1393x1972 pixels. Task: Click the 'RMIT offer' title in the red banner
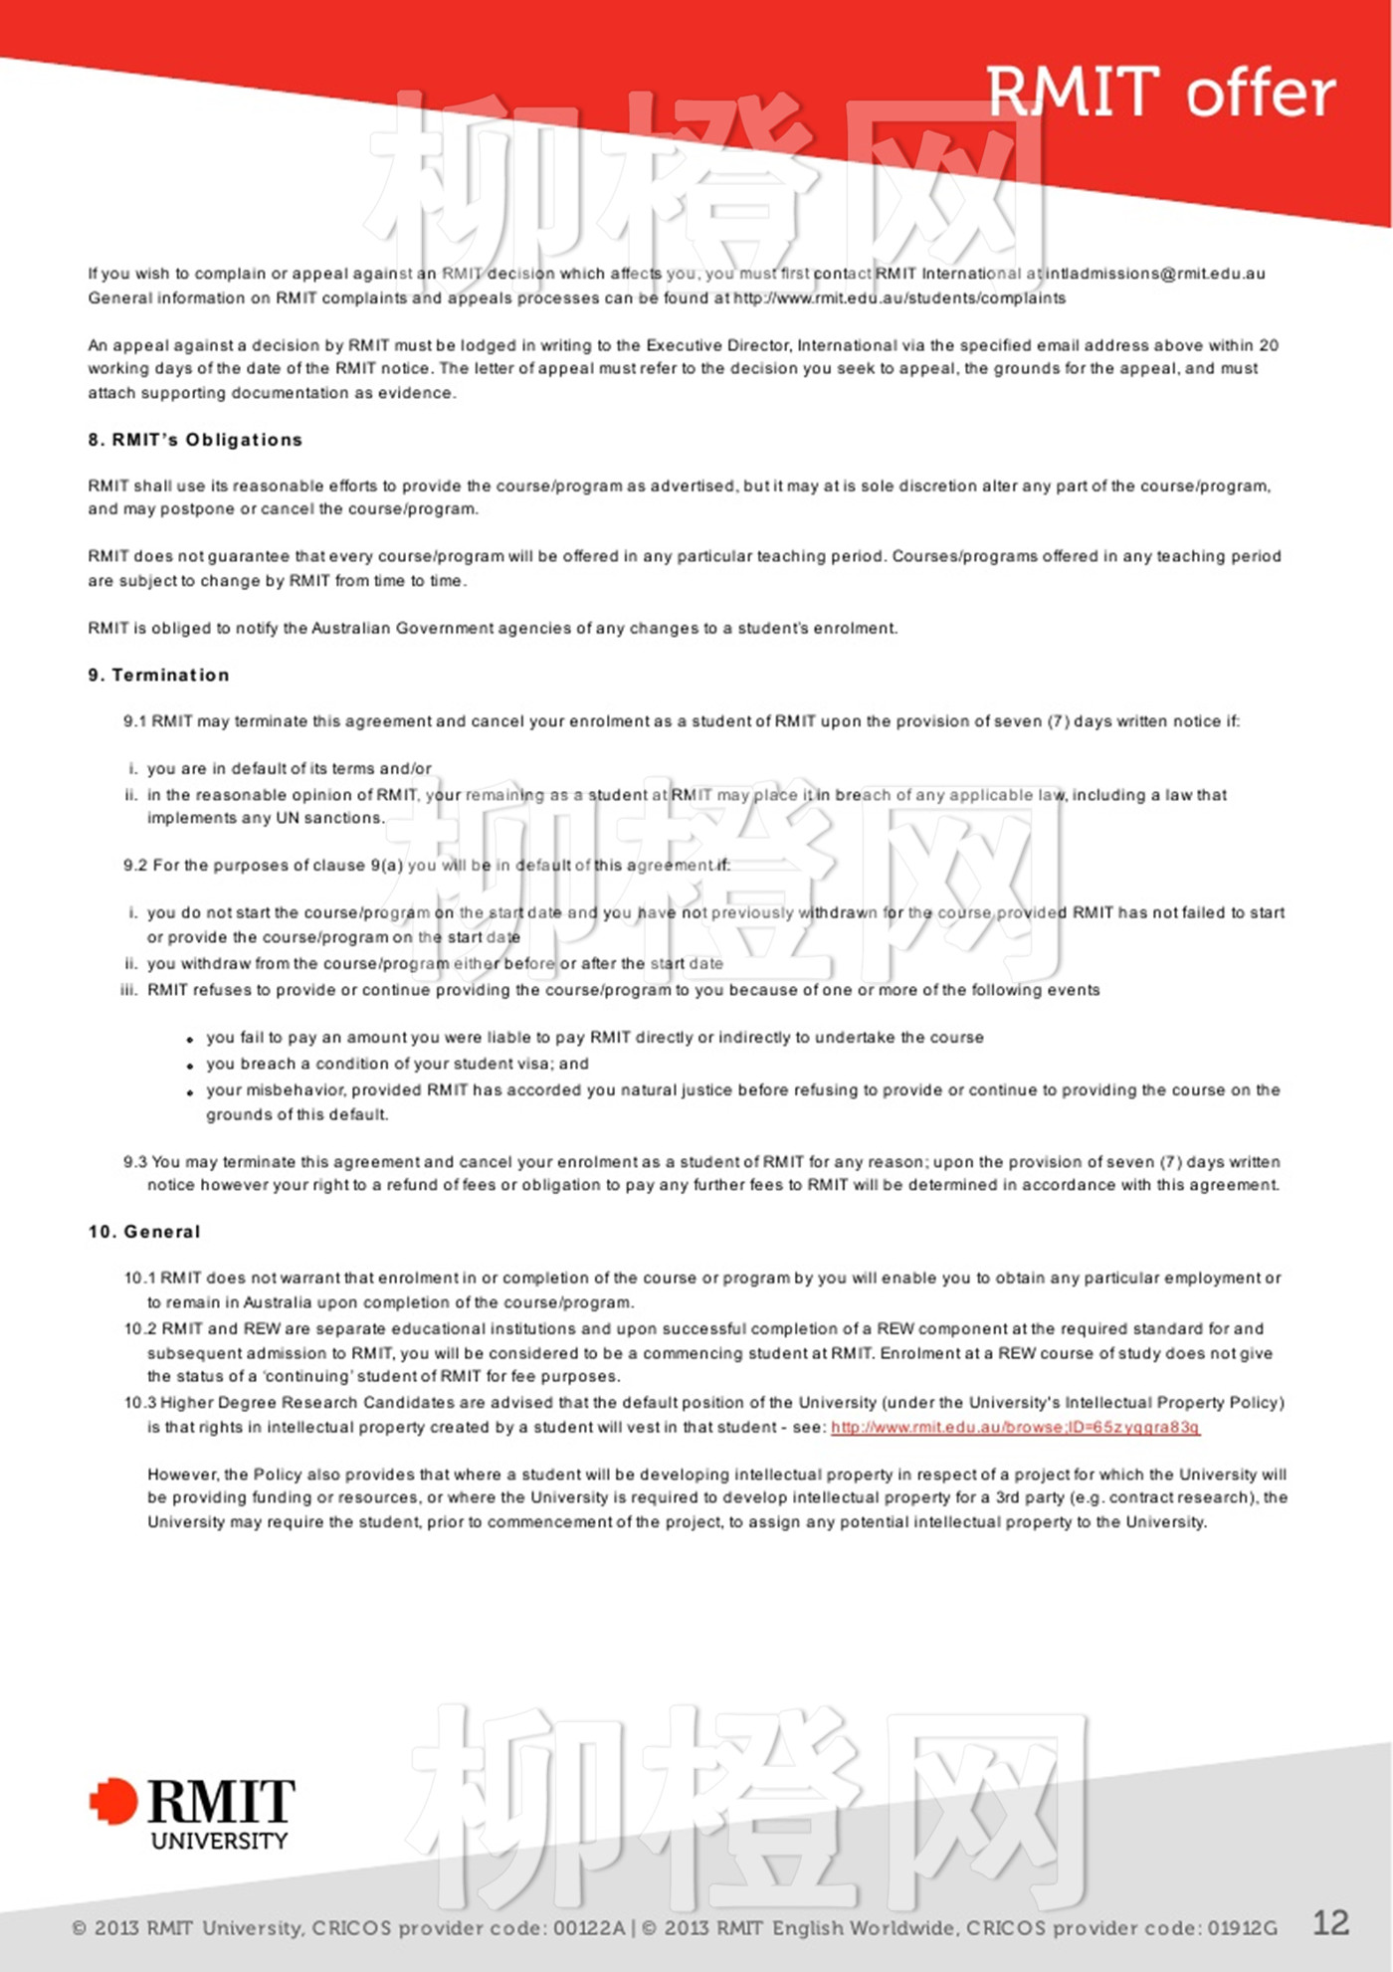tap(1160, 93)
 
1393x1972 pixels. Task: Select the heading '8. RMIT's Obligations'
tap(195, 440)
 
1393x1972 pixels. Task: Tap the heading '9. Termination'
tap(159, 675)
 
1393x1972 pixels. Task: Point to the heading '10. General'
tap(144, 1232)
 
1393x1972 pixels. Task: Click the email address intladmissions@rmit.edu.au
tap(1155, 274)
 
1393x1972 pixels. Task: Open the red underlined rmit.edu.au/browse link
tap(1015, 1427)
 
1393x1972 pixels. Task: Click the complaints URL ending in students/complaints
tap(899, 297)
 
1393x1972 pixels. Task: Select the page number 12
tap(1331, 1922)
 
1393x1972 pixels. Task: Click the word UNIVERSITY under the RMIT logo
tap(219, 1841)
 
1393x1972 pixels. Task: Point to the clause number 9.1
tap(135, 721)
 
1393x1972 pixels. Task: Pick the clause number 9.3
tap(135, 1161)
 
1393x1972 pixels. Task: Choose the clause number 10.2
tap(140, 1328)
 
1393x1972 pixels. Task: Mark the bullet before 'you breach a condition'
tap(189, 1066)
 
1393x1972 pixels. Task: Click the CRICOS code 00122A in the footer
tap(589, 1928)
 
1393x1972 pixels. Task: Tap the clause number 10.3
tap(140, 1402)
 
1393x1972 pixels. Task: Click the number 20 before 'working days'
tap(1269, 345)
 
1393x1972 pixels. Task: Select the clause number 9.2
tap(135, 866)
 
